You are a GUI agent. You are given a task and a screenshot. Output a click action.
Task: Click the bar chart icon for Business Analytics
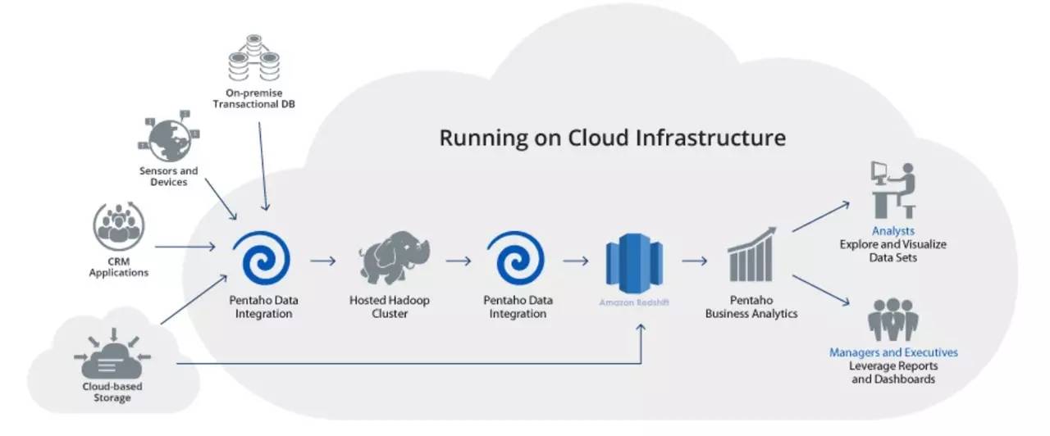[x=751, y=257]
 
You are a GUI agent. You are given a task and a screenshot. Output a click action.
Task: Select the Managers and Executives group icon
[x=893, y=320]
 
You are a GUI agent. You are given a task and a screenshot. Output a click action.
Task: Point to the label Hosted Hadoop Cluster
[x=390, y=307]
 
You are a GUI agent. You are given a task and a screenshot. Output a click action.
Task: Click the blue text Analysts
[x=893, y=231]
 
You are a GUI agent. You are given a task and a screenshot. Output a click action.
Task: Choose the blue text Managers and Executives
[x=893, y=352]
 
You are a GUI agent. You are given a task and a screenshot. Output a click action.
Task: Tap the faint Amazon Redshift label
[x=634, y=302]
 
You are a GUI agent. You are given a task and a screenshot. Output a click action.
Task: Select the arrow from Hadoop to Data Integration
[x=459, y=261]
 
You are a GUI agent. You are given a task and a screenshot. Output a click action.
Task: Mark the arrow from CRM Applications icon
[x=185, y=245]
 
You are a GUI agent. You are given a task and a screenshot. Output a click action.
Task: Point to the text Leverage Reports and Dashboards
[x=893, y=372]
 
